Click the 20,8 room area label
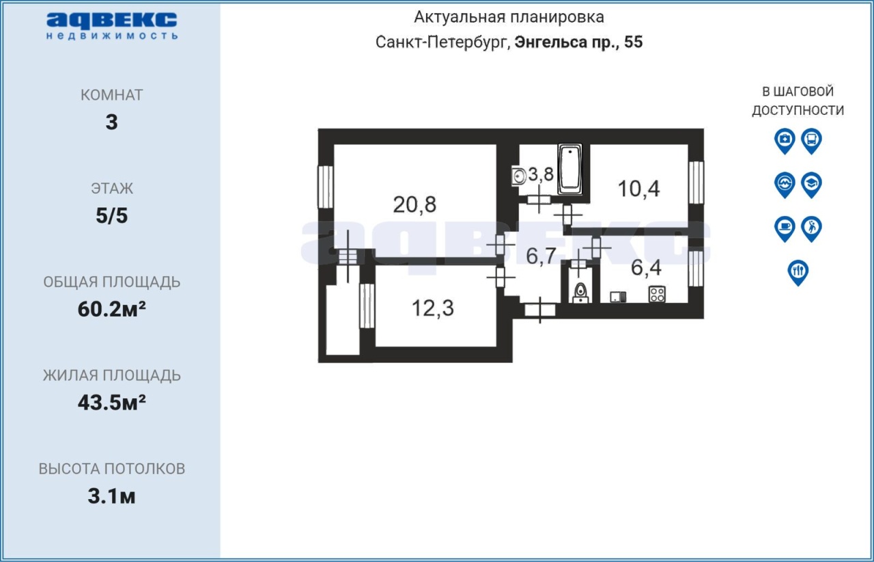click(414, 204)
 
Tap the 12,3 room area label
click(433, 308)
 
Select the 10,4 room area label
click(638, 189)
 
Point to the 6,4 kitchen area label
click(646, 268)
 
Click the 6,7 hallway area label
click(541, 256)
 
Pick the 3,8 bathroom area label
click(541, 174)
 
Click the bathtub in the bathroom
click(570, 170)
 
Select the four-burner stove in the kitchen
click(657, 295)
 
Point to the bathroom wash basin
click(518, 176)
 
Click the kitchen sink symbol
click(618, 297)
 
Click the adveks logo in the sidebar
click(111, 26)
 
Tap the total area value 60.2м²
click(111, 309)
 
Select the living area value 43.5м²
click(111, 403)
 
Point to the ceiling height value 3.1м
click(111, 496)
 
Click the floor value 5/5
click(111, 216)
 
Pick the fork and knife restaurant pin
click(798, 273)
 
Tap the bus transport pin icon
click(812, 141)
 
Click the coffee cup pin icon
click(785, 229)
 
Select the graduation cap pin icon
click(812, 185)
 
